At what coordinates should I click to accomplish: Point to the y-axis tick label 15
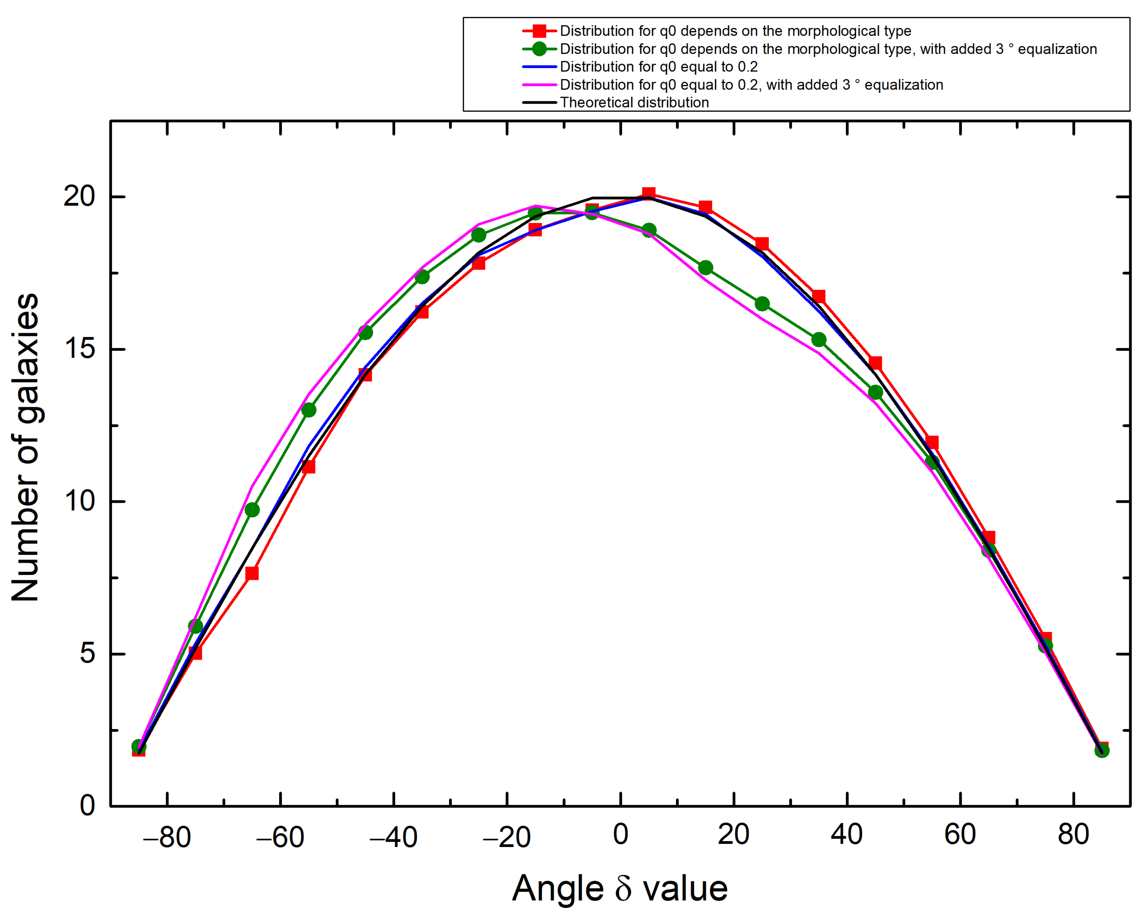click(x=78, y=349)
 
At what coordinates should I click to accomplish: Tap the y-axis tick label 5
click(x=87, y=654)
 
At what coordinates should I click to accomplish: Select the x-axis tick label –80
click(x=167, y=838)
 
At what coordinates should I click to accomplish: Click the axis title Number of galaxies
click(x=26, y=447)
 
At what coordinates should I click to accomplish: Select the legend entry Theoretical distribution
click(x=634, y=103)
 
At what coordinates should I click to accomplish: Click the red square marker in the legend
click(x=539, y=31)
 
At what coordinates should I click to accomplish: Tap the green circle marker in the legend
click(x=539, y=49)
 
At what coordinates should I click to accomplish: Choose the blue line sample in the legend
click(x=539, y=67)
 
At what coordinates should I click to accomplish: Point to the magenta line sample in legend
click(x=539, y=84)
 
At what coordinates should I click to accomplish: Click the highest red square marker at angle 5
click(x=648, y=193)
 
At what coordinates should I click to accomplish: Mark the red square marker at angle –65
click(x=252, y=573)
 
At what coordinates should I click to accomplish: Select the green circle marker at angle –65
click(x=252, y=510)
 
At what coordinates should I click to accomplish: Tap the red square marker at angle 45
click(x=875, y=363)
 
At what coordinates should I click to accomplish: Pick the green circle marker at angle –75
click(x=195, y=626)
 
